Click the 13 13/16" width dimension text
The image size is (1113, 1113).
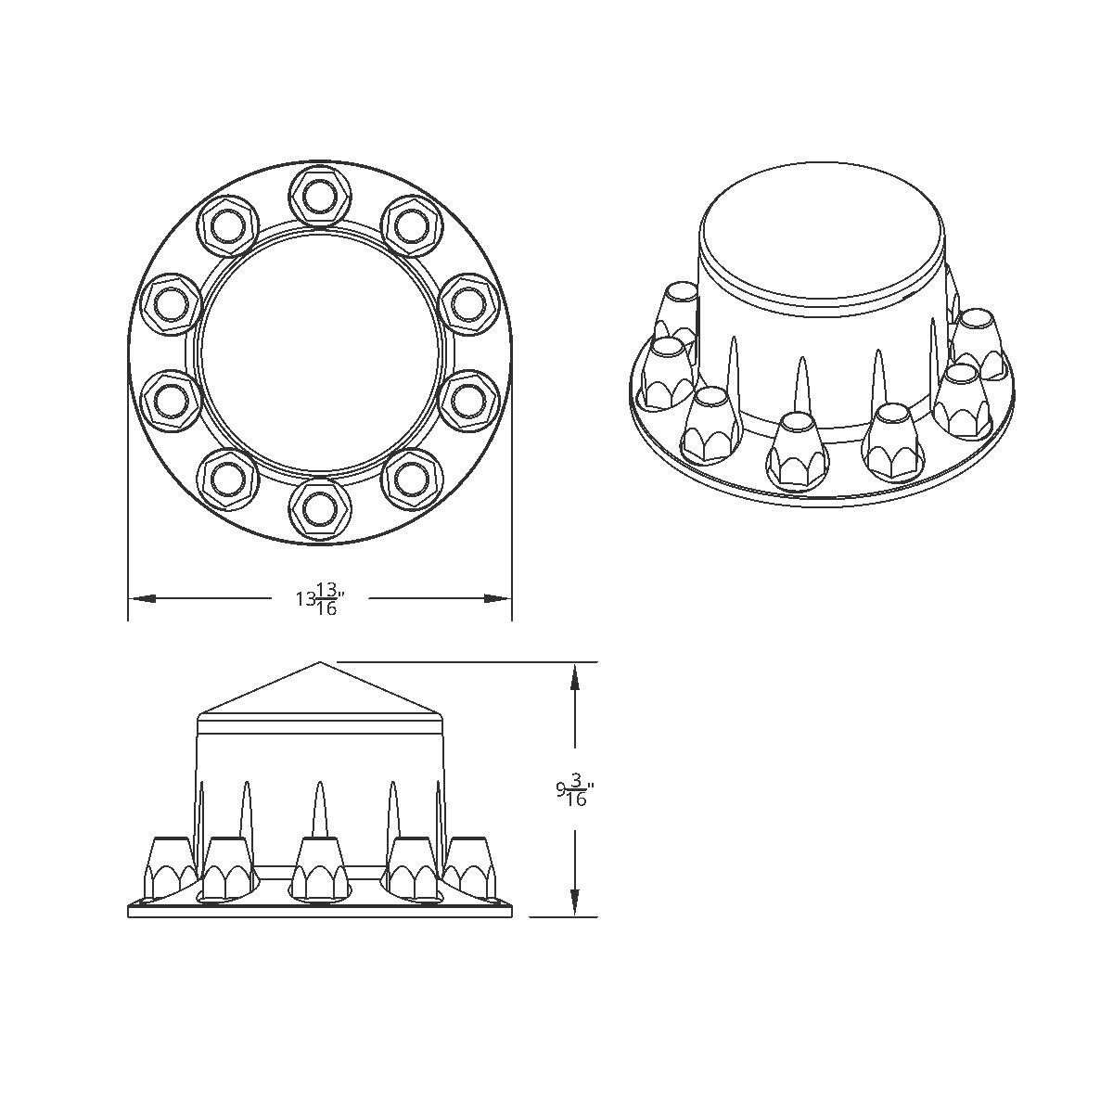[x=321, y=598]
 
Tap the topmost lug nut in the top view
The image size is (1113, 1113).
[x=318, y=195]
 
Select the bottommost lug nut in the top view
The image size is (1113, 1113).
[x=318, y=508]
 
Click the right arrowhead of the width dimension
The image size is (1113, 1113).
[x=498, y=598]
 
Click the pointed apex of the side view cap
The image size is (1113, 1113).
[x=320, y=663]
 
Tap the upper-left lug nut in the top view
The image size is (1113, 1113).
[x=227, y=224]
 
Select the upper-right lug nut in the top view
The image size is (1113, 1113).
[x=409, y=224]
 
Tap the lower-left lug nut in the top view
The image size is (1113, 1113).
[x=227, y=478]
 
